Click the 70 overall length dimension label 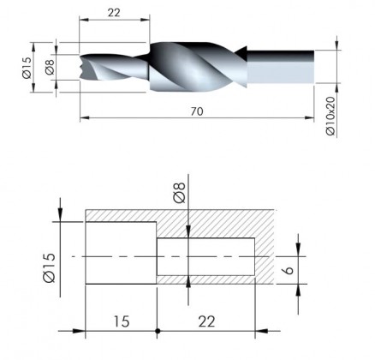pyautogui.click(x=197, y=111)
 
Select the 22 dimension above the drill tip pyautogui.click(x=114, y=13)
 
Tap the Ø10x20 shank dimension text pyautogui.click(x=330, y=116)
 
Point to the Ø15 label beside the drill pyautogui.click(x=27, y=68)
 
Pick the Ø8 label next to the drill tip pyautogui.click(x=50, y=68)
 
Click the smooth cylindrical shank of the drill pyautogui.click(x=280, y=67)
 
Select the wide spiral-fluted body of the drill pyautogui.click(x=198, y=67)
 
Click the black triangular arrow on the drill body pyautogui.click(x=241, y=53)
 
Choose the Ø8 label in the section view pyautogui.click(x=180, y=193)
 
